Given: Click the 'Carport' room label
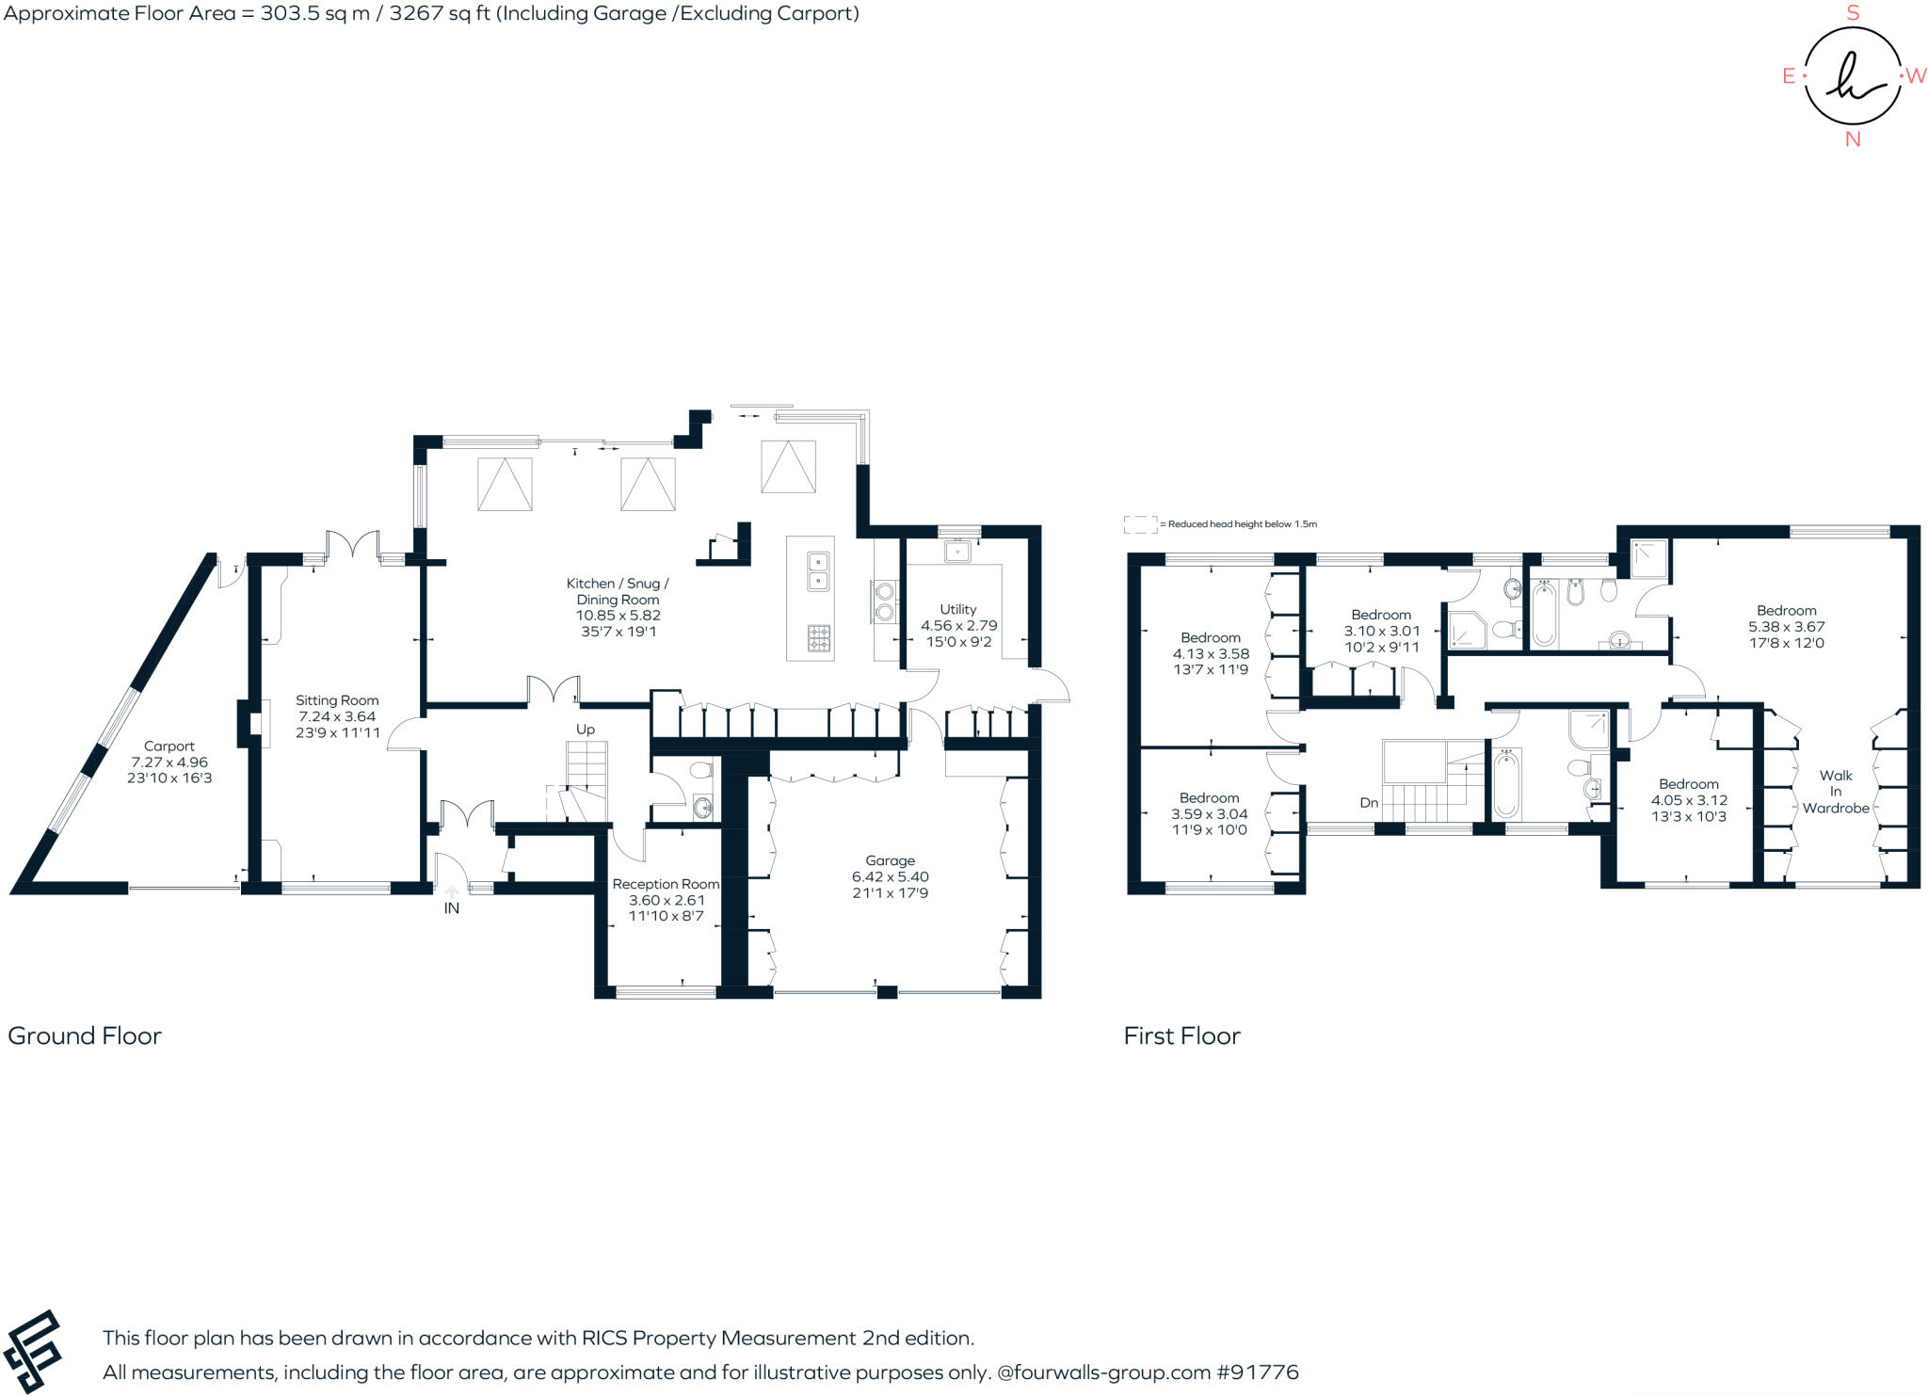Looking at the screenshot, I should pyautogui.click(x=169, y=746).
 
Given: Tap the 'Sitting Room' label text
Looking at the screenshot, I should pyautogui.click(x=337, y=700).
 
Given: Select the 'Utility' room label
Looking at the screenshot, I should pyautogui.click(x=957, y=609).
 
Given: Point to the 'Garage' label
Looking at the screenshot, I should pyautogui.click(x=890, y=860).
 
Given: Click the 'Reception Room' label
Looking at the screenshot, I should pyautogui.click(x=666, y=884).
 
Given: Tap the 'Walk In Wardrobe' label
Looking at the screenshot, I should pyautogui.click(x=1836, y=792).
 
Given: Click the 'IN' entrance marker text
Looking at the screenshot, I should pyautogui.click(x=452, y=908).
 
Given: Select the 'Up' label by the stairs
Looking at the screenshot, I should pyautogui.click(x=586, y=730).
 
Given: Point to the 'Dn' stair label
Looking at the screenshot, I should pyautogui.click(x=1369, y=803).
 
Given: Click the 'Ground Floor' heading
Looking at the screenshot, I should pyautogui.click(x=85, y=1035).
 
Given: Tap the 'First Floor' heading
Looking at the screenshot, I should pyautogui.click(x=1181, y=1035).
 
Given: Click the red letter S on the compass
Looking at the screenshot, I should pyautogui.click(x=1853, y=13).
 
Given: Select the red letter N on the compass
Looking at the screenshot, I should pyautogui.click(x=1853, y=139).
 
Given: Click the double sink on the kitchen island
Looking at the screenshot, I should pyautogui.click(x=818, y=571).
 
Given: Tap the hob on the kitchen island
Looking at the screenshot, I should pyautogui.click(x=818, y=639).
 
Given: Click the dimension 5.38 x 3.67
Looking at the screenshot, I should pyautogui.click(x=1787, y=627).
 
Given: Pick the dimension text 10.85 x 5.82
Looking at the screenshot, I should pyautogui.click(x=619, y=616).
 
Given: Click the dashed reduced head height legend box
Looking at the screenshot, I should pyautogui.click(x=1140, y=524).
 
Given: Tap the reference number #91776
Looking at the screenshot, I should pyautogui.click(x=1258, y=1372).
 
